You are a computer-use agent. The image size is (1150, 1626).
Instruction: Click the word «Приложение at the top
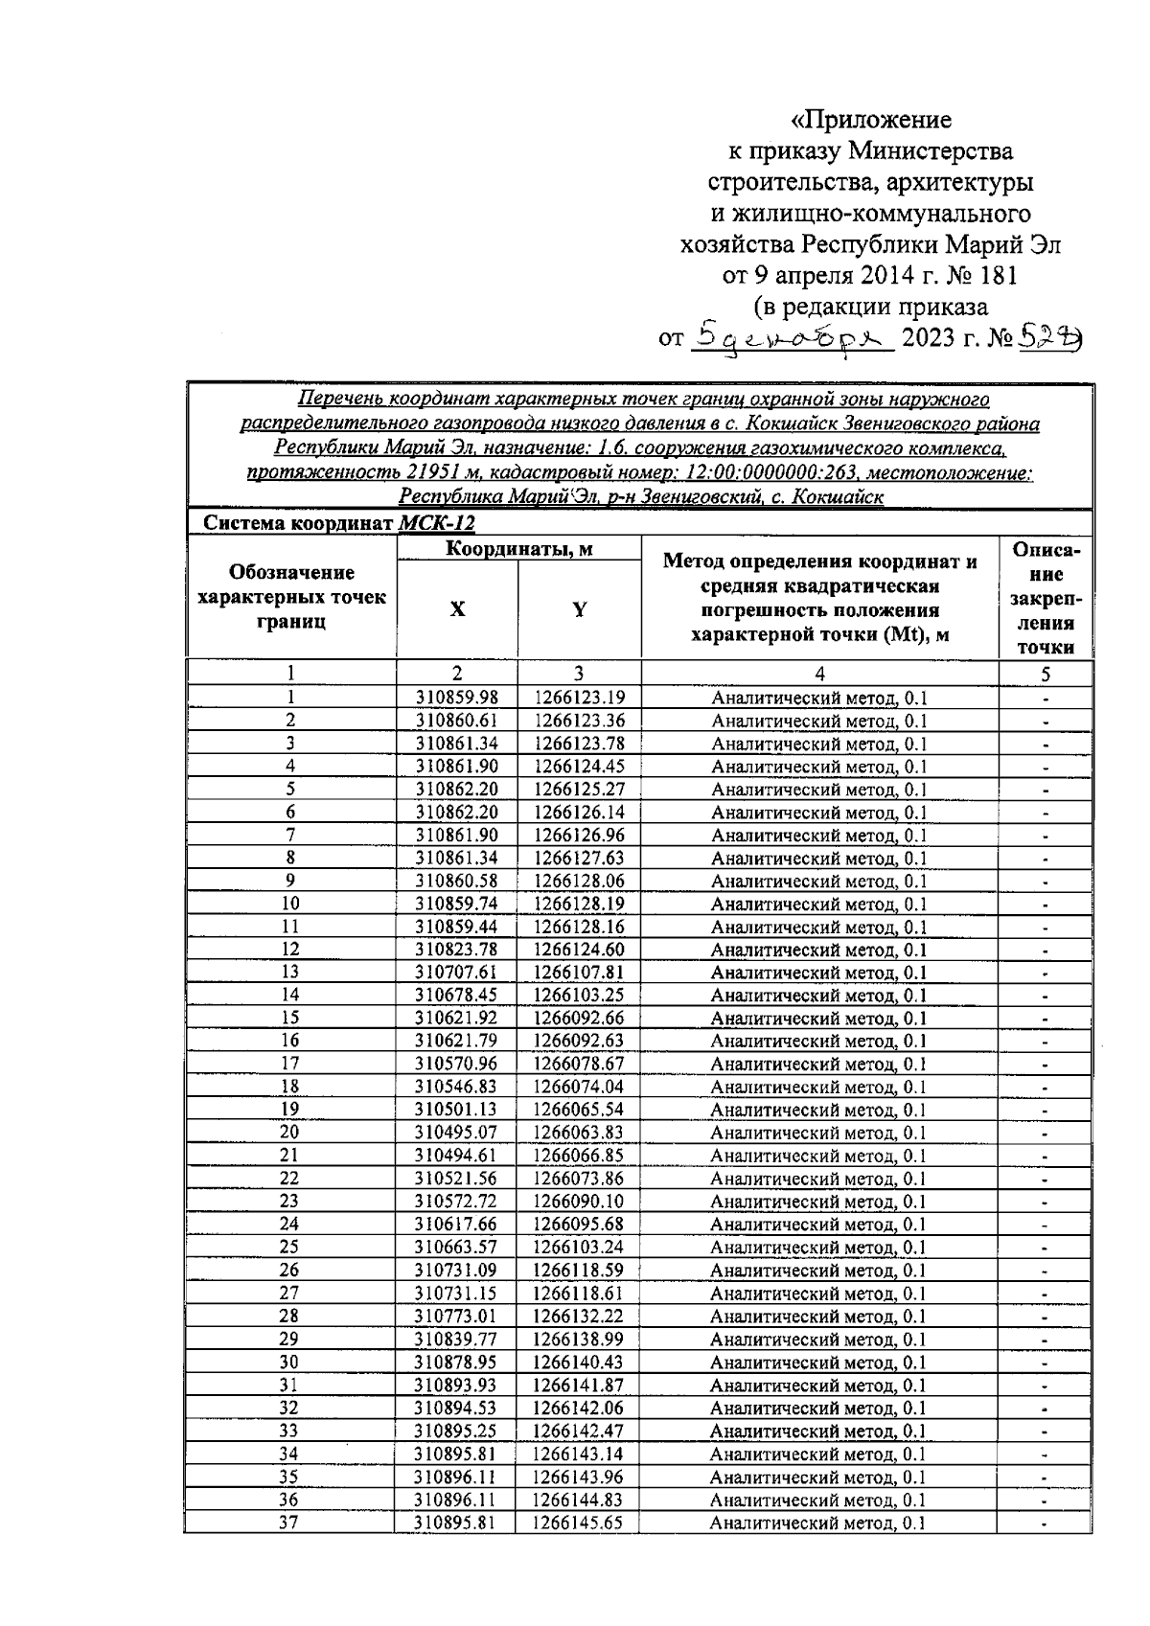pos(871,120)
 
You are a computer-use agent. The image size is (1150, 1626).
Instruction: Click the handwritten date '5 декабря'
pos(792,336)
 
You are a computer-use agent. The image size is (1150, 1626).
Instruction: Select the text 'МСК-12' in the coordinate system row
pos(436,523)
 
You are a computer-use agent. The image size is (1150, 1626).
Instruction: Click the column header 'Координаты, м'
pos(518,548)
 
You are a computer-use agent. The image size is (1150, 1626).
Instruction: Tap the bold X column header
pos(457,609)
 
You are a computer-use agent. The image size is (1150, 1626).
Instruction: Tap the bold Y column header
pos(579,609)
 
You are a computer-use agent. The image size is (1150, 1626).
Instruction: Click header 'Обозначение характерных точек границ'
pos(290,596)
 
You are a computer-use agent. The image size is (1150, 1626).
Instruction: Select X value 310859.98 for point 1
pos(456,698)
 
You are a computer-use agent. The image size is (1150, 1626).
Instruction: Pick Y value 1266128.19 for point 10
pos(579,904)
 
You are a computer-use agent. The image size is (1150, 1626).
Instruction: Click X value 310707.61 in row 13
pos(456,973)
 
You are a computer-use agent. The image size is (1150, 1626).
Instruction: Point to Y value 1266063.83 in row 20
pos(579,1133)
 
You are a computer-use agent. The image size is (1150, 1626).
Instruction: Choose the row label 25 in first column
pos(289,1247)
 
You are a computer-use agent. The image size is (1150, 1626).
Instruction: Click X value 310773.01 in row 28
pos(456,1316)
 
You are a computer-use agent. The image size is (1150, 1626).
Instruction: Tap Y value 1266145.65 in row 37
pos(579,1522)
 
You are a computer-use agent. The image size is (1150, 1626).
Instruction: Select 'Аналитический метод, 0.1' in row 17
pos(818,1064)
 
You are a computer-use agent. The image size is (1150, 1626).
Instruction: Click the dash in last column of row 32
pos(1045,1408)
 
